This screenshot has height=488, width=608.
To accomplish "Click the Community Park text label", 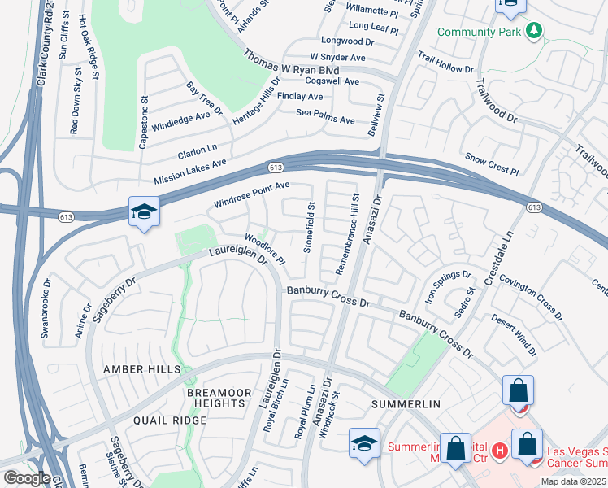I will [479, 32].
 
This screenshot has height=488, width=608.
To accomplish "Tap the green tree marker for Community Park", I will [533, 31].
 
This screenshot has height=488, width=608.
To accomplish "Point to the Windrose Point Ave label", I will [251, 194].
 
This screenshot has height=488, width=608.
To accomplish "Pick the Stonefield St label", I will [310, 227].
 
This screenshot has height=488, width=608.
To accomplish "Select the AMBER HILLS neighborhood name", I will [141, 369].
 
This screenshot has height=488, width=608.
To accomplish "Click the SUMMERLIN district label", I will [406, 404].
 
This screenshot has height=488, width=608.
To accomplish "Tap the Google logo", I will [27, 477].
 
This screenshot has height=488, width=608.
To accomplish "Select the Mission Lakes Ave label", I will [189, 172].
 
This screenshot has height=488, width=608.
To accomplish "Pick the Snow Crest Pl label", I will [491, 163].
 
